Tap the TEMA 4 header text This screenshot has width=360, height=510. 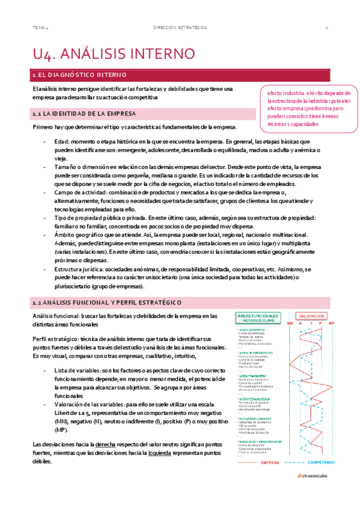pyautogui.click(x=40, y=28)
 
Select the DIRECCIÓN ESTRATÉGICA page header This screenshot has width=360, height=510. pyautogui.click(x=180, y=28)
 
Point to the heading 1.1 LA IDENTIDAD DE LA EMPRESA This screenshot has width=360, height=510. pyautogui.click(x=84, y=113)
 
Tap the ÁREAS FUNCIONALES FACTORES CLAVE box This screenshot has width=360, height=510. pyautogui.click(x=258, y=318)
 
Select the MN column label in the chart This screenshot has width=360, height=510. pyautogui.click(x=290, y=324)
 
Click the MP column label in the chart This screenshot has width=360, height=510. pyautogui.click(x=331, y=324)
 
